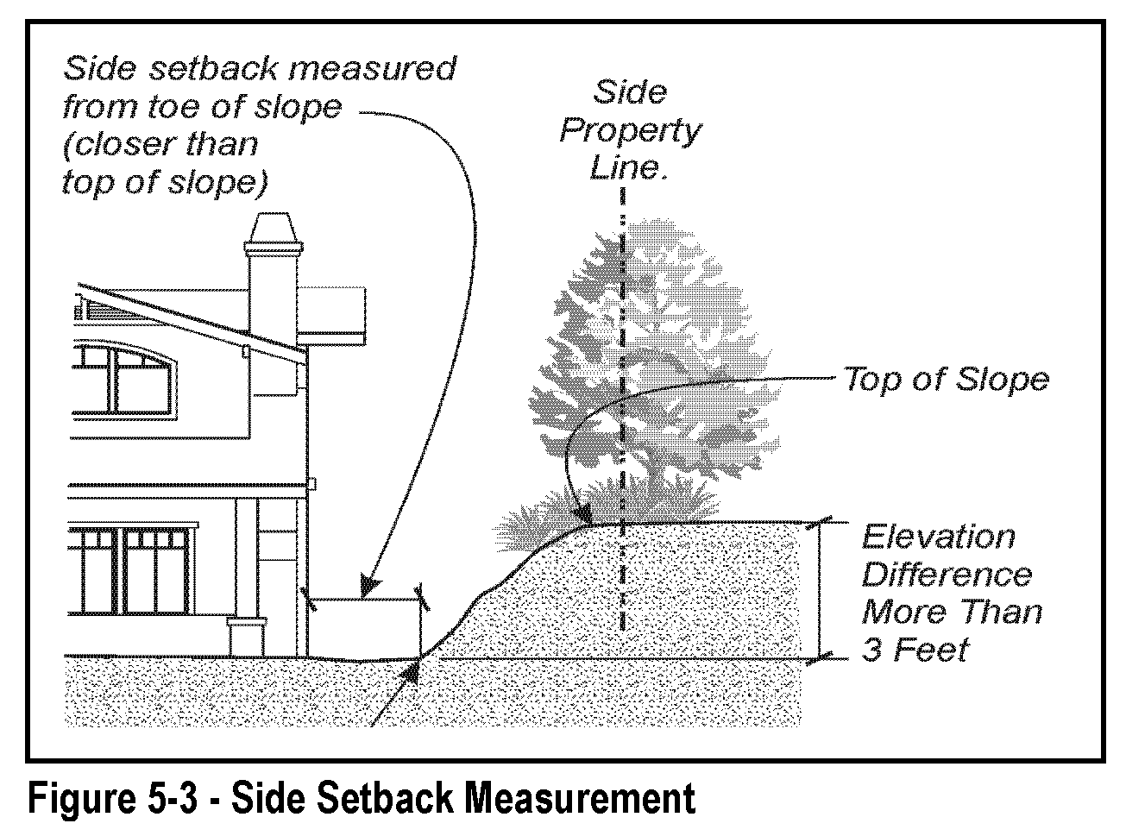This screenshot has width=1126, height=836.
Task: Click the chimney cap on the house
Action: point(274,230)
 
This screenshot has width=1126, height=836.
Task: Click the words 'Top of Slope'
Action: point(946,380)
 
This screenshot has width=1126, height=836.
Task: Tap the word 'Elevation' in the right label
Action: point(938,537)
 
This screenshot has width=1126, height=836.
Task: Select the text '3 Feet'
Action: point(915,649)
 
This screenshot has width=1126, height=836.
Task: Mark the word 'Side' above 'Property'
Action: point(629,92)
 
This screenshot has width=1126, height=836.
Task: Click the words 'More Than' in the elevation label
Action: point(952,612)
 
